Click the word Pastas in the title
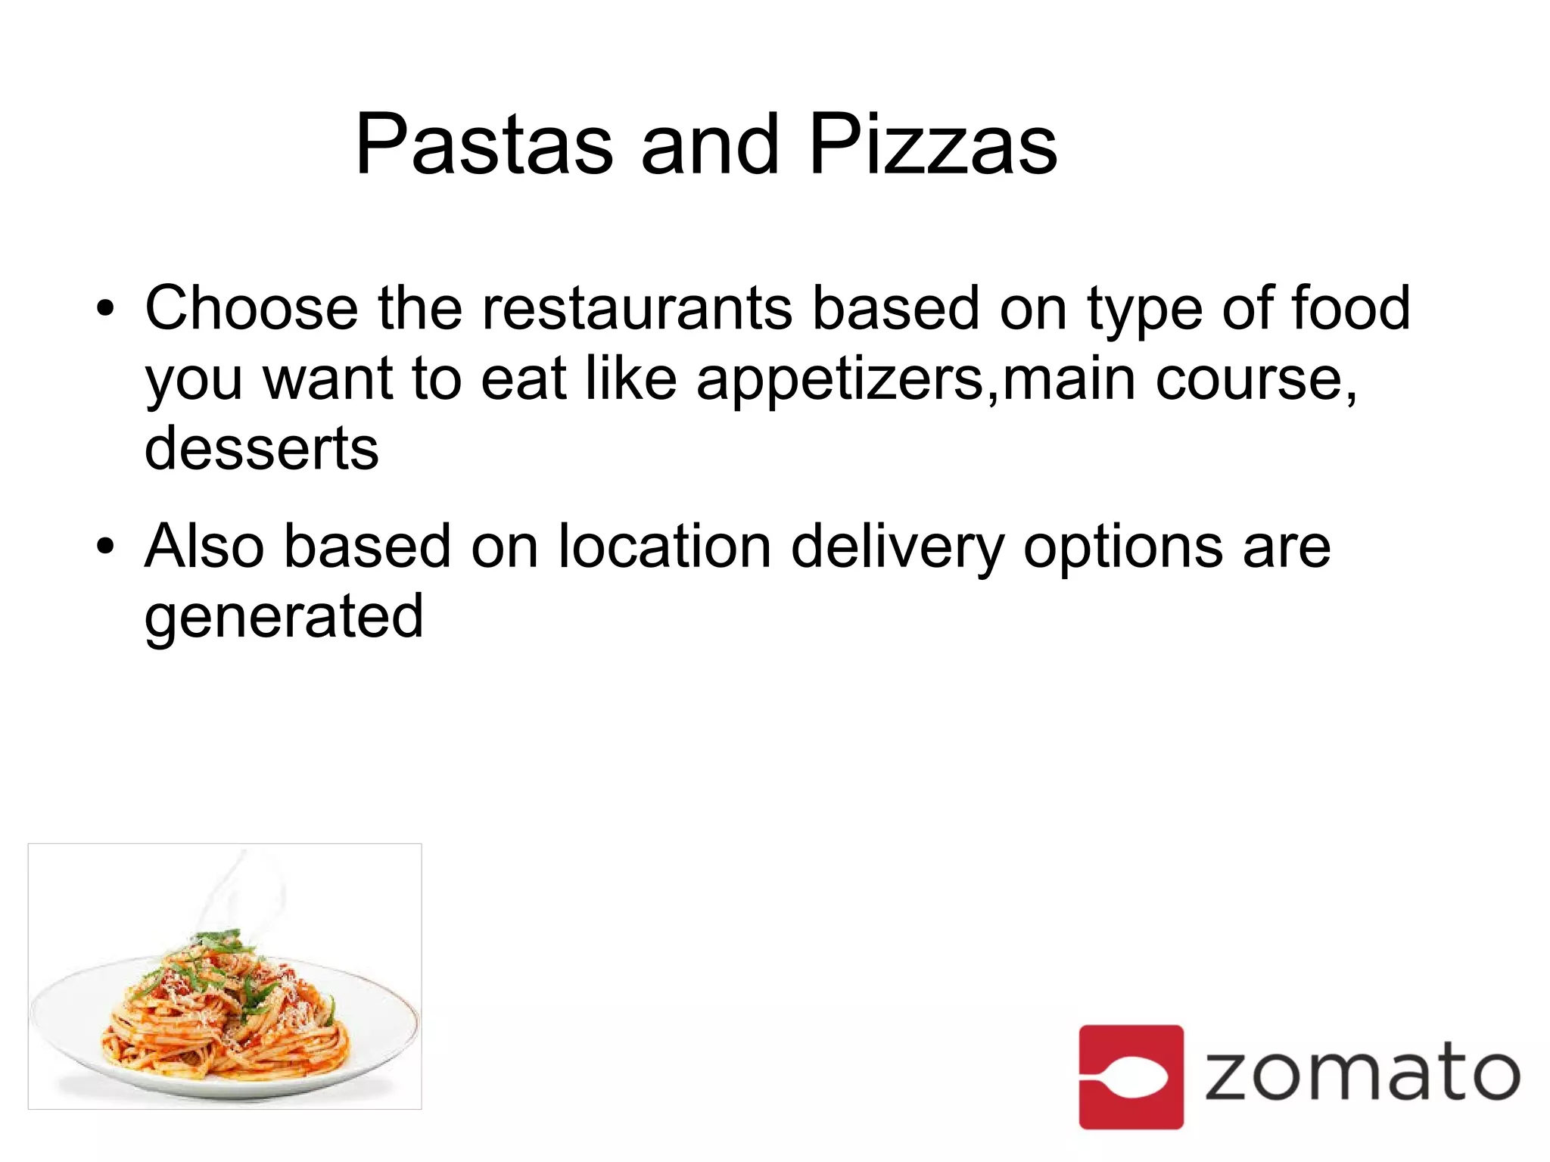click(484, 144)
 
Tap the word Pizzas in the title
click(932, 144)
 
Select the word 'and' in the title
click(709, 144)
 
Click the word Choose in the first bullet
click(251, 308)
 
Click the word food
click(1350, 308)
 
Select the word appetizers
click(840, 380)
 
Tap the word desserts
click(261, 448)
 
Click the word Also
click(204, 546)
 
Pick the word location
click(665, 546)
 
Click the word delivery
click(898, 547)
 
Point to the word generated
click(284, 617)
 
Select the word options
click(1123, 547)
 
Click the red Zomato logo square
click(1131, 1076)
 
